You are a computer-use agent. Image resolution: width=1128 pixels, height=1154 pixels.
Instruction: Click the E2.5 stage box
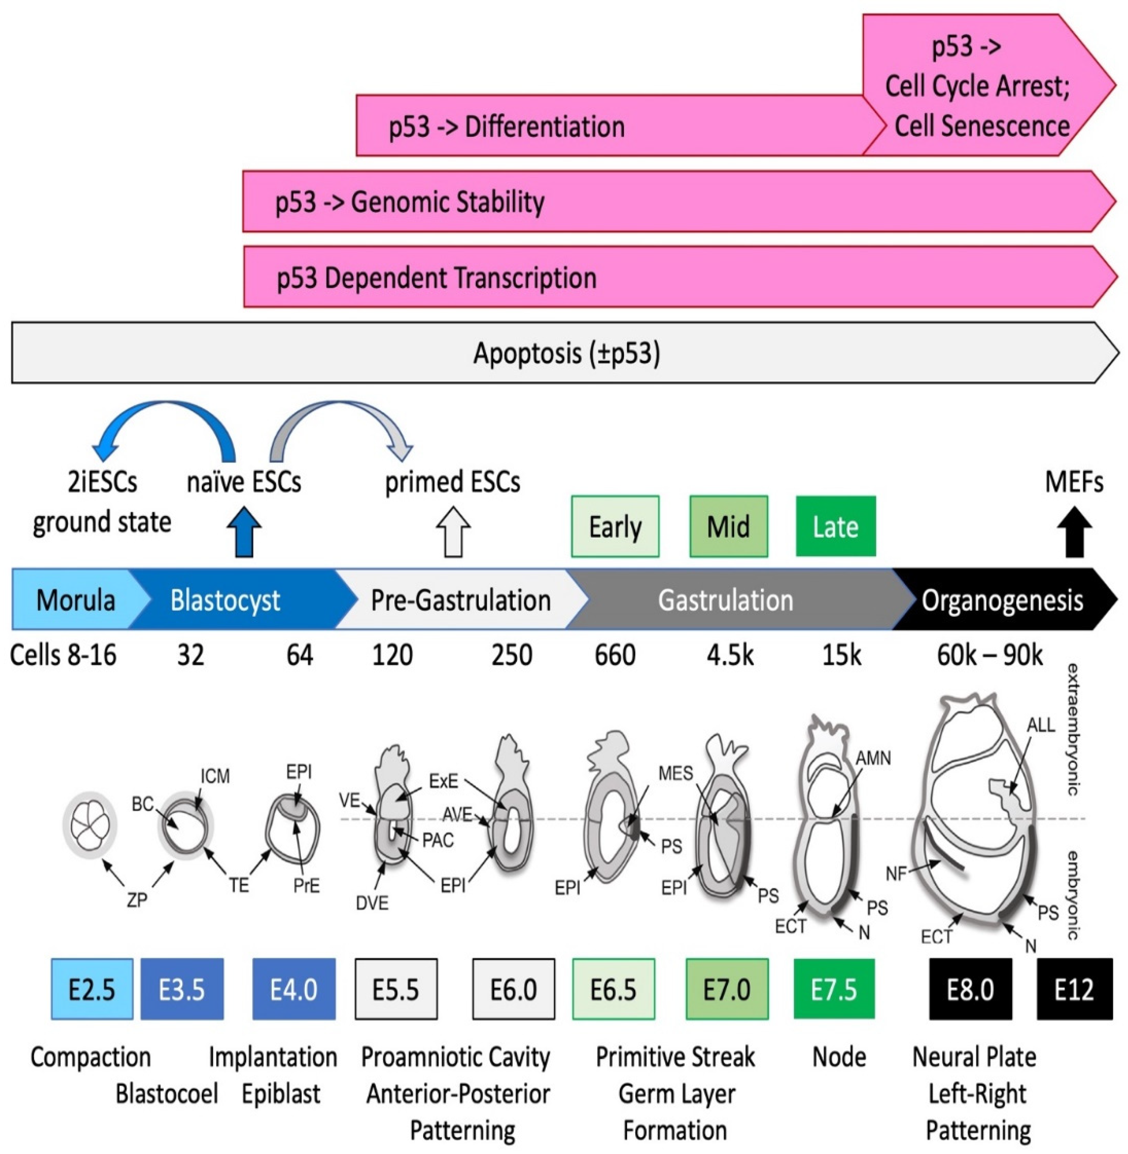tap(92, 989)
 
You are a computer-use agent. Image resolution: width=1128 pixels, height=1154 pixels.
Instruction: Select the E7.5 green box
tap(834, 989)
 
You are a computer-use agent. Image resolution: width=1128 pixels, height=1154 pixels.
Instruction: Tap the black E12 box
tap(1074, 989)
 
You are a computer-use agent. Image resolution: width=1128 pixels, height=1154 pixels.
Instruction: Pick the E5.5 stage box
tap(396, 989)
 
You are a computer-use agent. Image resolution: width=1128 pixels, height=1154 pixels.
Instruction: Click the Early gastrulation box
tap(615, 526)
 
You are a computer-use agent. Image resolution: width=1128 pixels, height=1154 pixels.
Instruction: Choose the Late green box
tap(835, 526)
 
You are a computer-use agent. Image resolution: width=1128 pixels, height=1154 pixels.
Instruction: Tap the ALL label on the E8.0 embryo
tap(1041, 725)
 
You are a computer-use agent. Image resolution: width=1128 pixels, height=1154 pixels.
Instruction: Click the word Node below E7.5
tap(839, 1057)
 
